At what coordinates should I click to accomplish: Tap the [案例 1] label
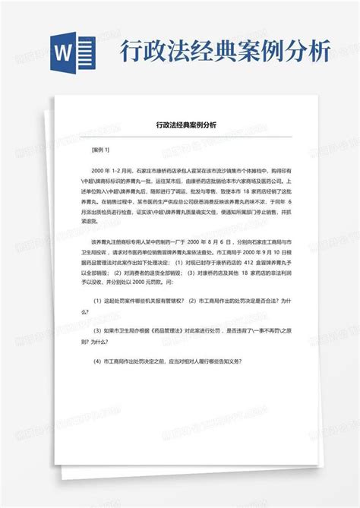[100, 150]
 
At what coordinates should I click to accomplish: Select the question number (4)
[97, 362]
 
